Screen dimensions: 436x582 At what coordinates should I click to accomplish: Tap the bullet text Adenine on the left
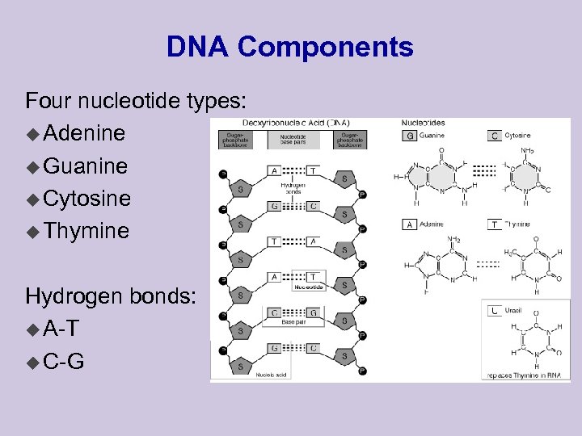(x=84, y=132)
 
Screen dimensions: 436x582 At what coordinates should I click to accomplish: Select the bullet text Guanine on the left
(x=86, y=166)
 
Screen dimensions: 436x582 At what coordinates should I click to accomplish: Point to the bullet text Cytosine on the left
(x=87, y=198)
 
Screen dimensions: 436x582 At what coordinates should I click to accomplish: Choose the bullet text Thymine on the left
(x=86, y=231)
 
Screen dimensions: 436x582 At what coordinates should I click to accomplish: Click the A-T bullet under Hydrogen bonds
(x=61, y=328)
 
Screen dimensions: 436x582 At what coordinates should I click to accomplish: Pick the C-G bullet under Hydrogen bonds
(x=63, y=360)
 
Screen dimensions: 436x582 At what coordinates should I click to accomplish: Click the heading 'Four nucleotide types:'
(x=135, y=101)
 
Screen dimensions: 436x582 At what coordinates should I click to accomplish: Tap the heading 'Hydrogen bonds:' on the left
(x=110, y=296)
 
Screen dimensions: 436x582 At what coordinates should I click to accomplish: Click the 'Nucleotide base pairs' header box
(x=293, y=140)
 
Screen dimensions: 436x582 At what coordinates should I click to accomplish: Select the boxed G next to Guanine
(x=410, y=136)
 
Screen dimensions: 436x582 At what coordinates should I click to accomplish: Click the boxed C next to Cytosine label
(x=495, y=136)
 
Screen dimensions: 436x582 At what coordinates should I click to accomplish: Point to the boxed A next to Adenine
(x=410, y=224)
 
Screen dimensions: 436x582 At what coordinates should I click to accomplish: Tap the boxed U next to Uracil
(x=494, y=310)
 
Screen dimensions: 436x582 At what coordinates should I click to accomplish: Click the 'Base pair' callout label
(x=293, y=322)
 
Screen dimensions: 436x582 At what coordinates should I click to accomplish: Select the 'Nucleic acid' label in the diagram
(x=271, y=373)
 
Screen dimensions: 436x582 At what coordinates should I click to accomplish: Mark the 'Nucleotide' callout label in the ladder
(x=308, y=287)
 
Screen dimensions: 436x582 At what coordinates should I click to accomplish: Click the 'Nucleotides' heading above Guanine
(x=423, y=123)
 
